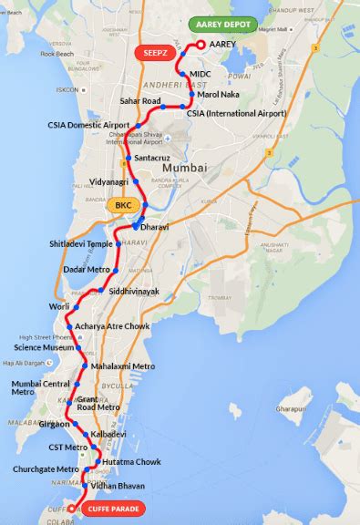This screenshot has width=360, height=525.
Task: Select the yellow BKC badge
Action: click(x=123, y=205)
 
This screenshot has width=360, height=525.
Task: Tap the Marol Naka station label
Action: click(x=217, y=93)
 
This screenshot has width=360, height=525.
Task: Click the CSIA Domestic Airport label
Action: click(x=87, y=125)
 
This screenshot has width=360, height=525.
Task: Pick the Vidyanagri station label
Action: click(x=116, y=182)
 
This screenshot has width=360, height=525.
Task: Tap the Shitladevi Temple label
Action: click(x=80, y=244)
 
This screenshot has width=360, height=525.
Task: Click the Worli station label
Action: click(x=59, y=306)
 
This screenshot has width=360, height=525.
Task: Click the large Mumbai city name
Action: click(x=185, y=168)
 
